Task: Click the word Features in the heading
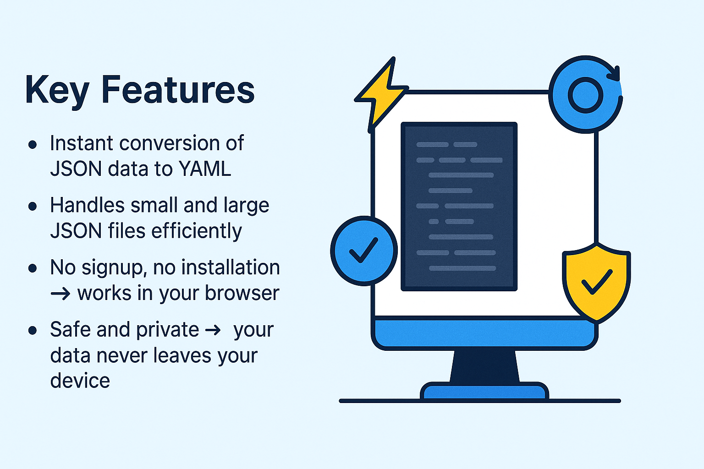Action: (177, 89)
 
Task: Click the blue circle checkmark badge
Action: (363, 251)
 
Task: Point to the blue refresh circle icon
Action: (585, 95)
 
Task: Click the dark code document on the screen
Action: (459, 206)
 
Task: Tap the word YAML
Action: (205, 169)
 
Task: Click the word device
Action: (80, 381)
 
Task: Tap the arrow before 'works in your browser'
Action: (60, 294)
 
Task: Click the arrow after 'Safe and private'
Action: (213, 330)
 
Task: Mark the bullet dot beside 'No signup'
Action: (33, 268)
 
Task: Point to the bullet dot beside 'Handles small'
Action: (33, 206)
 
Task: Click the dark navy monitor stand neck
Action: (484, 366)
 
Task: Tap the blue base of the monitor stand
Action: (484, 392)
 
